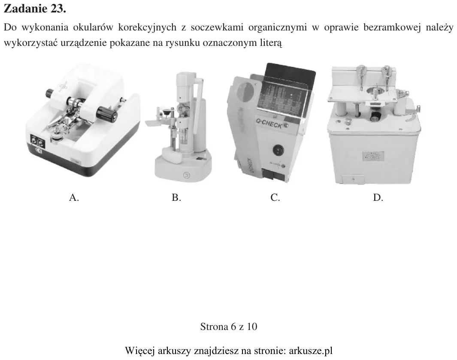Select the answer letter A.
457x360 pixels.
pyautogui.click(x=74, y=198)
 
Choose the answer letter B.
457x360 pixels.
pyautogui.click(x=176, y=198)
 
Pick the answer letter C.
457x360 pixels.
pyautogui.click(x=275, y=198)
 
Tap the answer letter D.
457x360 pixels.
pyautogui.click(x=378, y=198)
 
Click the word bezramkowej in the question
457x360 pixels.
pyautogui.click(x=390, y=27)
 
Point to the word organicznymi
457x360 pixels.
pyautogui.click(x=278, y=28)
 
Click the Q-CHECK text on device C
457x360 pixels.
pyautogui.click(x=269, y=124)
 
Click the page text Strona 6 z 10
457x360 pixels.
pyautogui.click(x=229, y=327)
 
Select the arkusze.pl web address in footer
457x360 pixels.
pyautogui.click(x=311, y=351)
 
